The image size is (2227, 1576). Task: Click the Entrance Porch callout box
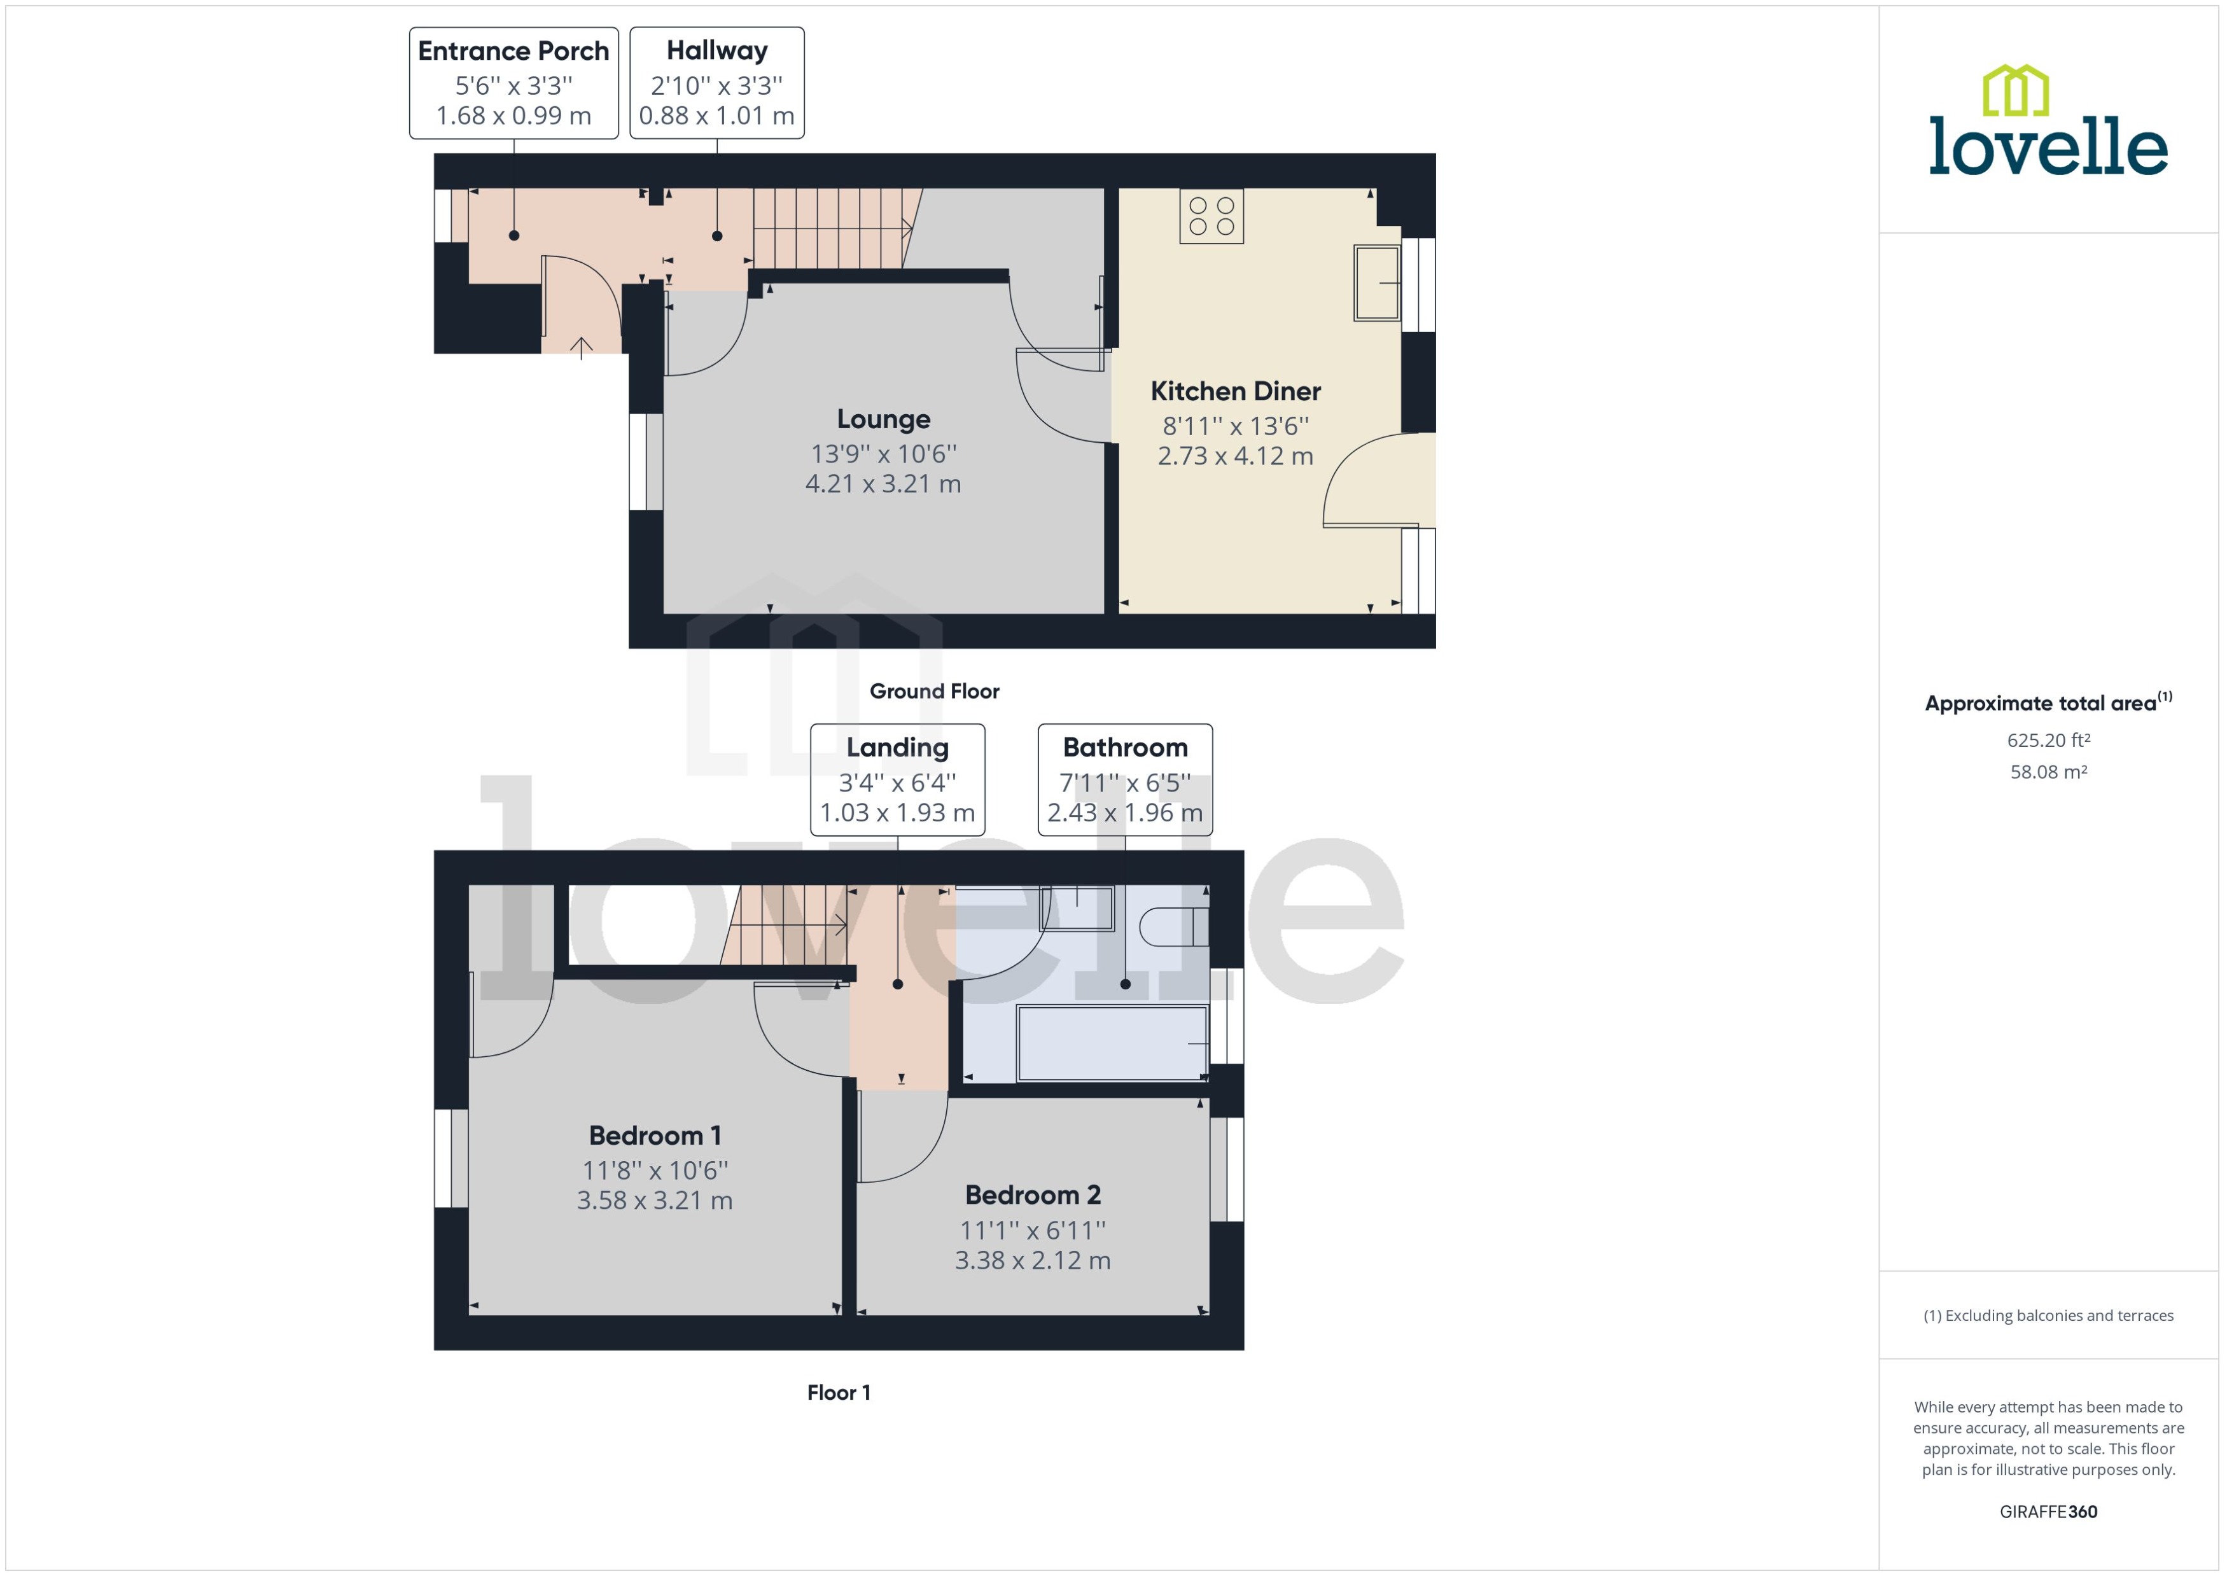click(513, 83)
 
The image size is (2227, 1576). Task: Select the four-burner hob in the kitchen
click(1211, 216)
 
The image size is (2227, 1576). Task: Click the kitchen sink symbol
click(1376, 282)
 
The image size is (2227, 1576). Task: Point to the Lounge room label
click(883, 419)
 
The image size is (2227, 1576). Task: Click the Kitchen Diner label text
click(1235, 391)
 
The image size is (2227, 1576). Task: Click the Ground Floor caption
click(933, 691)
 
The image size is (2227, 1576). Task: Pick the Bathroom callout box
click(1125, 779)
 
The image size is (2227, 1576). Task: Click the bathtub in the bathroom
click(1112, 1043)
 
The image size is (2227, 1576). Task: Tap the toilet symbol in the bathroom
click(1172, 927)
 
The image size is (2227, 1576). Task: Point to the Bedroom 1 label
click(654, 1136)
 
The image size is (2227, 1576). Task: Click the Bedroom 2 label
click(1033, 1195)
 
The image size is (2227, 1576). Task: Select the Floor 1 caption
click(839, 1393)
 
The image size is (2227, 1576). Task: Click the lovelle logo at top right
click(2048, 122)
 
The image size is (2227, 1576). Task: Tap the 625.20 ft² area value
click(2048, 741)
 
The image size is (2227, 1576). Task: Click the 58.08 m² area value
click(2048, 772)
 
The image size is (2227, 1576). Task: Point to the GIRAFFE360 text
click(2048, 1512)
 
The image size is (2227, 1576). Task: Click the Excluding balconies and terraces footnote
click(2048, 1316)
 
